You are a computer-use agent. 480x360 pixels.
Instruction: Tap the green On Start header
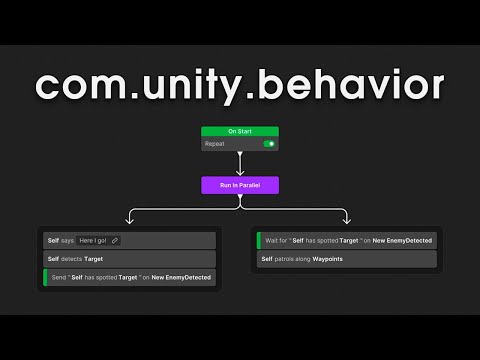click(x=240, y=131)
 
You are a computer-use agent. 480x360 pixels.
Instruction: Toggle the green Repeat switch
click(x=268, y=144)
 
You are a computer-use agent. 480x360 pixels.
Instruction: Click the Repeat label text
click(x=214, y=144)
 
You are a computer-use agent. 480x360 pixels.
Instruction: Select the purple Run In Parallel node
click(x=240, y=185)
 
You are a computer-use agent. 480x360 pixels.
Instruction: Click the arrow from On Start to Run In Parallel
click(x=240, y=162)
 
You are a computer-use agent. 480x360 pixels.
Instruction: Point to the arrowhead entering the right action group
click(x=346, y=221)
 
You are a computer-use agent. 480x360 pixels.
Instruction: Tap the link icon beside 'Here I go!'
click(x=115, y=240)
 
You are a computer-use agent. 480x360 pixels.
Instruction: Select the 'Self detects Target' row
click(x=130, y=258)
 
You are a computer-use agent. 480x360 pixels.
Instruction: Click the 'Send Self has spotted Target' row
click(x=130, y=277)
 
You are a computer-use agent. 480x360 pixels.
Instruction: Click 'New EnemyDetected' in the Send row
click(x=181, y=277)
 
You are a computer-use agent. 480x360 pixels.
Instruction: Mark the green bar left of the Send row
click(x=44, y=277)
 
